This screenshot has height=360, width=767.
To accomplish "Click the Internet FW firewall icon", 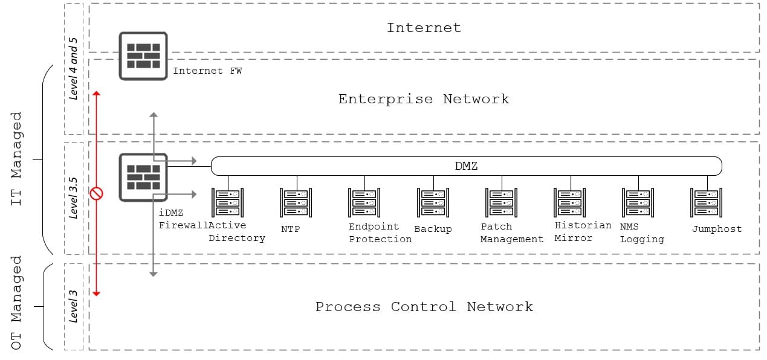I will [x=143, y=56].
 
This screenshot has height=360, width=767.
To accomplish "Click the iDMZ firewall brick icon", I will [x=143, y=176].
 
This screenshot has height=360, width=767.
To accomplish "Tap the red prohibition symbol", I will [x=96, y=193].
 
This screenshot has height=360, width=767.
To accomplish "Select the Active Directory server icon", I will [x=227, y=202].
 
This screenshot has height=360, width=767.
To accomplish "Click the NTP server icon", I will [x=296, y=202].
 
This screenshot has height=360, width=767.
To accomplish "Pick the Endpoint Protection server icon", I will [x=364, y=202].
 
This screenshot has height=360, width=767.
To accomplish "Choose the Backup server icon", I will [x=433, y=202].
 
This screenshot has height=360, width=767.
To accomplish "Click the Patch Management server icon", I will [x=501, y=202].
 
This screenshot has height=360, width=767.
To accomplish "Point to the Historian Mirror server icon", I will [x=569, y=202].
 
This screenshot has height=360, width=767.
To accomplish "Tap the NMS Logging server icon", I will [x=638, y=202].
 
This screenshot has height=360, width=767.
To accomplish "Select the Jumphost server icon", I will [x=707, y=202].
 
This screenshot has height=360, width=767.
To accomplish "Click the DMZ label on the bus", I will [x=466, y=166].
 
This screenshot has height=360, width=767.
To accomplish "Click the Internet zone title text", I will [x=424, y=28].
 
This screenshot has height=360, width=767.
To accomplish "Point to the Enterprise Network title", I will [x=424, y=99].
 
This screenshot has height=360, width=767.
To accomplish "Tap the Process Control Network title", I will [x=424, y=307].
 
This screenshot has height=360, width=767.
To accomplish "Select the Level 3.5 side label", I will [x=74, y=198].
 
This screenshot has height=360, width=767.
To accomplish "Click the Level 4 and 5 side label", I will [x=74, y=68].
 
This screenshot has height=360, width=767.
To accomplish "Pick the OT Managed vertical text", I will [x=17, y=302].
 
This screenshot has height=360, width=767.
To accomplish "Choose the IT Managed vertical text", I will [x=17, y=158].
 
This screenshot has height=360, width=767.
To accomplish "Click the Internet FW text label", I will [x=207, y=71].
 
